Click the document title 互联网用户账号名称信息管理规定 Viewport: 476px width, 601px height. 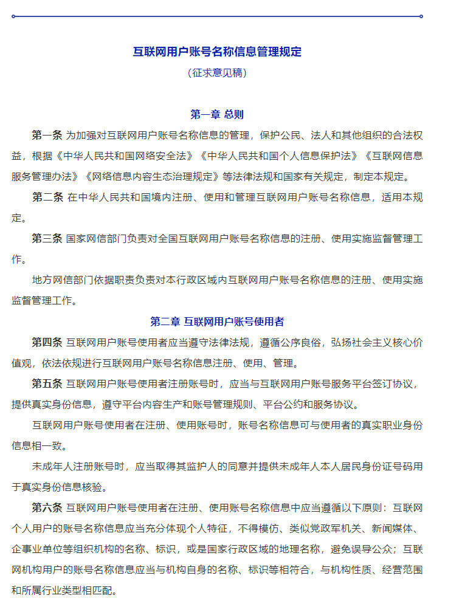click(x=217, y=52)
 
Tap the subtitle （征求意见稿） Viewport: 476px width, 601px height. click(x=217, y=73)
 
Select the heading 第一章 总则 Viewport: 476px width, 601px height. click(x=217, y=114)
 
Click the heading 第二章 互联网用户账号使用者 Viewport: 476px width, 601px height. click(x=217, y=321)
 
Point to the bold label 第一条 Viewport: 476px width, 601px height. click(x=47, y=135)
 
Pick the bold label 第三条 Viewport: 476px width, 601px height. click(x=47, y=239)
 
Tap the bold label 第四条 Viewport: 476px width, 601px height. click(x=47, y=342)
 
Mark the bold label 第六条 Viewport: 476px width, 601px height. click(x=47, y=507)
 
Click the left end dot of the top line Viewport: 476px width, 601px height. click(x=13, y=16)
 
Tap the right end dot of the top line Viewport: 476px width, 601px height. click(x=421, y=16)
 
